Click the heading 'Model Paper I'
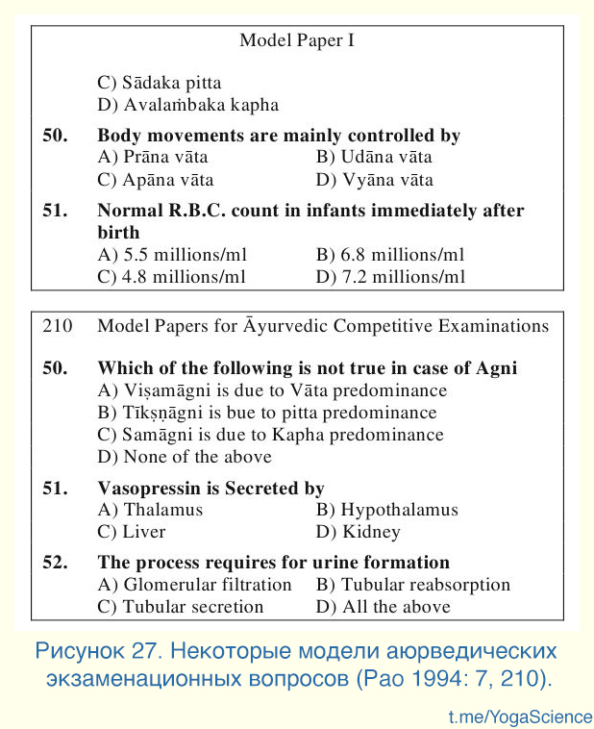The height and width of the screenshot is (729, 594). point(298,40)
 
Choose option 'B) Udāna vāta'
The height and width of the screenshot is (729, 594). point(374,158)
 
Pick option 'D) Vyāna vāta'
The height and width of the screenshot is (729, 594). point(374,180)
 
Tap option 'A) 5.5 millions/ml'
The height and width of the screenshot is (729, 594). point(172,255)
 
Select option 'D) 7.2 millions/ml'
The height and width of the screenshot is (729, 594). point(390,277)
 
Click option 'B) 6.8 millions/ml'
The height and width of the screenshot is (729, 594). point(390,255)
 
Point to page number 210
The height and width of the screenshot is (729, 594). point(58,326)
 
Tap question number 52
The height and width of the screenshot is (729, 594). point(55,563)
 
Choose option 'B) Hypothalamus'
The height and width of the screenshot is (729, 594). point(386,510)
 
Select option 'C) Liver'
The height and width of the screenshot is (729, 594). point(132,532)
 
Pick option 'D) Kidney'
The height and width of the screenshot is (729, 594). point(358,532)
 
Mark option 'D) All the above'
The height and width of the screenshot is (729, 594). point(383,607)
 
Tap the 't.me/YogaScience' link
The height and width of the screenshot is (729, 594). point(520,716)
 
